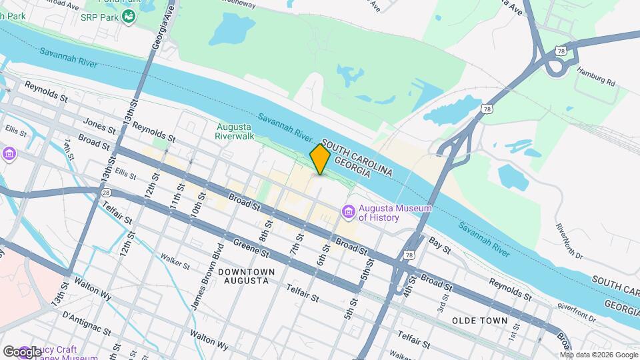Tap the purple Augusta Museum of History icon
(348, 212)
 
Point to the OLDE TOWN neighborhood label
(481, 321)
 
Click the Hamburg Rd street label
(596, 76)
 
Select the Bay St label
(440, 245)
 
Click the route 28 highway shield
(106, 193)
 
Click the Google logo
(22, 351)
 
